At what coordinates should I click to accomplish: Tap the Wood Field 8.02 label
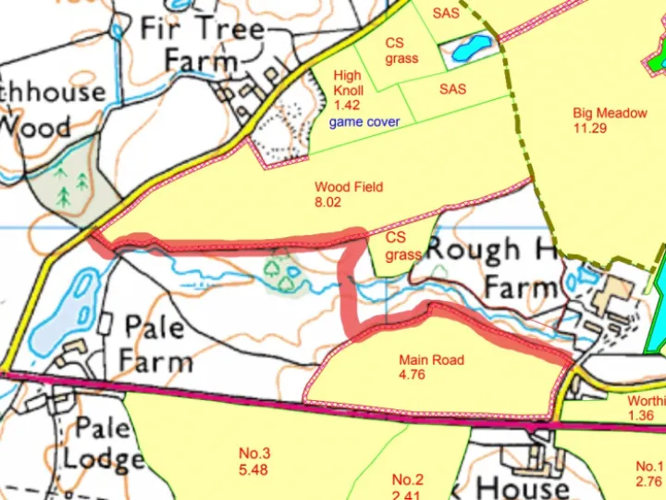[348, 194]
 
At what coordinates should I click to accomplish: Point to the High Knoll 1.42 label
[348, 91]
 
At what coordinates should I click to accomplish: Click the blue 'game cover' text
[365, 121]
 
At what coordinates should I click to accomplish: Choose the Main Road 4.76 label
[431, 367]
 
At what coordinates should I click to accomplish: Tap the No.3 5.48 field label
[254, 461]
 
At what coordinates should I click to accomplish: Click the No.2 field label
[407, 485]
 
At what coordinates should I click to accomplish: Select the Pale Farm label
[158, 343]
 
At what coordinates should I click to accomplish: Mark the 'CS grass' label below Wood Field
[402, 246]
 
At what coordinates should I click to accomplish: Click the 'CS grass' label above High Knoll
[401, 50]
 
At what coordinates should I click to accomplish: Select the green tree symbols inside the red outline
[283, 272]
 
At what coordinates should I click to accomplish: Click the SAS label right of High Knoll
[453, 89]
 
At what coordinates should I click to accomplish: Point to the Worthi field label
[646, 408]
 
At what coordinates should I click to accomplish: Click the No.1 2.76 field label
[649, 473]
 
